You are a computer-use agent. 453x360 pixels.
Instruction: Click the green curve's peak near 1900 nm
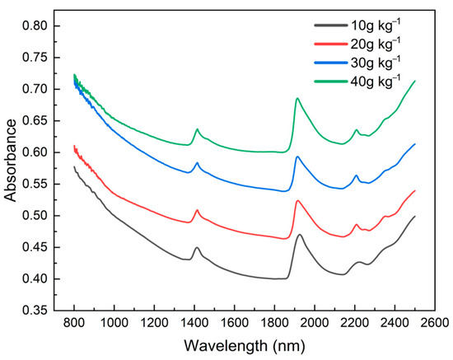pos(297,98)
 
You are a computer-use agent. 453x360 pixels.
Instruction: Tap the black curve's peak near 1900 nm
pos(300,235)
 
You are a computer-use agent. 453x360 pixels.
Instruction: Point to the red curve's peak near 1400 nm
pos(197,210)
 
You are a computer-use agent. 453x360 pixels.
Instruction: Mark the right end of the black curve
pos(414,217)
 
